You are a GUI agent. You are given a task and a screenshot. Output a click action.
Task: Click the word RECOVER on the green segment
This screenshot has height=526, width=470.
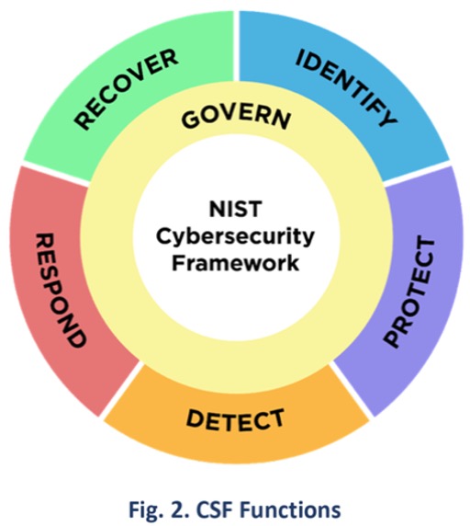[126, 89]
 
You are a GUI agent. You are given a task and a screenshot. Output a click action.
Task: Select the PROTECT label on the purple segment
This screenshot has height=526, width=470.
[409, 292]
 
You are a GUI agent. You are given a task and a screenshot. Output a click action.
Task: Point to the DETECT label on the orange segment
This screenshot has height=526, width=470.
[235, 420]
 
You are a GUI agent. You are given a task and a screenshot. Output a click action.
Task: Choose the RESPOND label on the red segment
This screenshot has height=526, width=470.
[61, 291]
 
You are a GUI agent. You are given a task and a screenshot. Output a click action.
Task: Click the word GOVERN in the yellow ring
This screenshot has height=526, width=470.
[236, 119]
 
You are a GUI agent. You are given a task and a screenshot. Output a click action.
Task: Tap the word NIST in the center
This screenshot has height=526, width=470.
[235, 209]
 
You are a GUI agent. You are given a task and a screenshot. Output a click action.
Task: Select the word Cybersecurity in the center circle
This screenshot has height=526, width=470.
[235, 237]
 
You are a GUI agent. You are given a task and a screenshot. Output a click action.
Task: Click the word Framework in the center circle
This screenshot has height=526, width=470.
[235, 263]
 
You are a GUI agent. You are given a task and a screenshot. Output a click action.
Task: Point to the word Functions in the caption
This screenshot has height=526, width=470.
[291, 509]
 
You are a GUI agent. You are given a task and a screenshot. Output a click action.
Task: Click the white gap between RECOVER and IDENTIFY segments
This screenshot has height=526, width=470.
[236, 46]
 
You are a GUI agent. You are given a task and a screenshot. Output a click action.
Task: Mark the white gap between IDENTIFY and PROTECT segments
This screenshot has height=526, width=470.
[417, 174]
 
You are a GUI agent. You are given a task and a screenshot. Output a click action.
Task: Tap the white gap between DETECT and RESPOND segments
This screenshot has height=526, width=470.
[119, 391]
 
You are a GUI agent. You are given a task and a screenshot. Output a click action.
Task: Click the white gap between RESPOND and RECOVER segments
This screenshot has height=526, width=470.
[56, 174]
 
